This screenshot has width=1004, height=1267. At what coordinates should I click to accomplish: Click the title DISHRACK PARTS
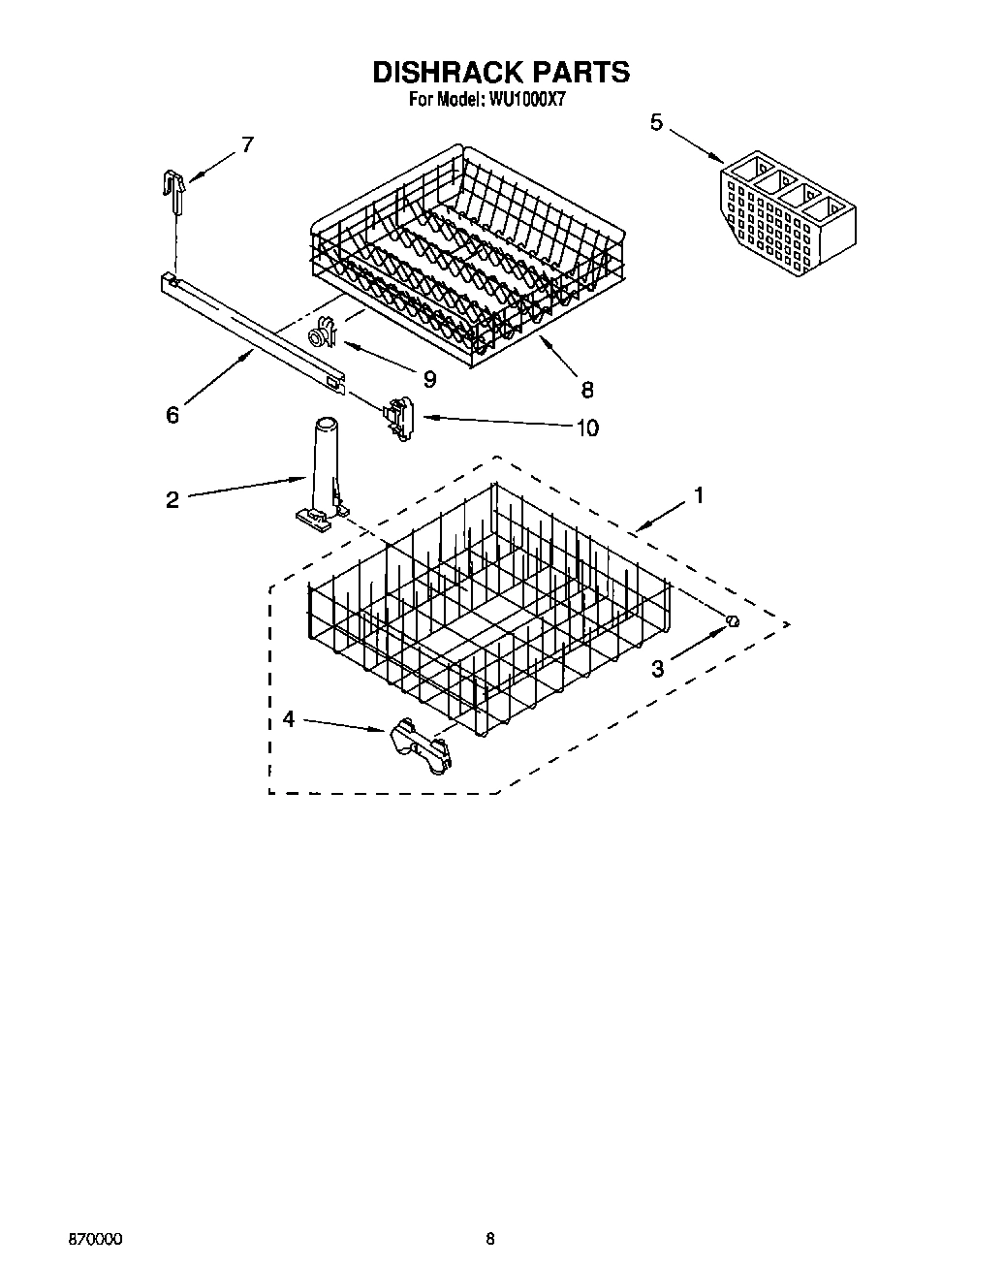[501, 73]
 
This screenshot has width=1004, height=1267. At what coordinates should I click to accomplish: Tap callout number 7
[247, 144]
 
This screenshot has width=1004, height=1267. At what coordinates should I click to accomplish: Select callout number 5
[657, 122]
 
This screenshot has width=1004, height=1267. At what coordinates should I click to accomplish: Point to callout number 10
[587, 428]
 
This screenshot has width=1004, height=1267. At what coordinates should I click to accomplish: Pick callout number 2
[173, 500]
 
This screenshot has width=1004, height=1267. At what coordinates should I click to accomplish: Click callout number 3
[658, 668]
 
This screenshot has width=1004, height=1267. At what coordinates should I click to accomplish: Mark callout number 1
[698, 495]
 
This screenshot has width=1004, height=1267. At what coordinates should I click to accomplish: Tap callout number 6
[173, 415]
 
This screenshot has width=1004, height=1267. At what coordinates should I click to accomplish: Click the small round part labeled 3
[734, 621]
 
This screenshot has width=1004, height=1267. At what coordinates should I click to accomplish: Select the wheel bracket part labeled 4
[422, 744]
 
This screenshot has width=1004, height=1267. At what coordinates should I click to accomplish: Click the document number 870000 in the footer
[95, 1240]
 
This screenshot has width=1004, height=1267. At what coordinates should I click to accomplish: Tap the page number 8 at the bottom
[491, 1240]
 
